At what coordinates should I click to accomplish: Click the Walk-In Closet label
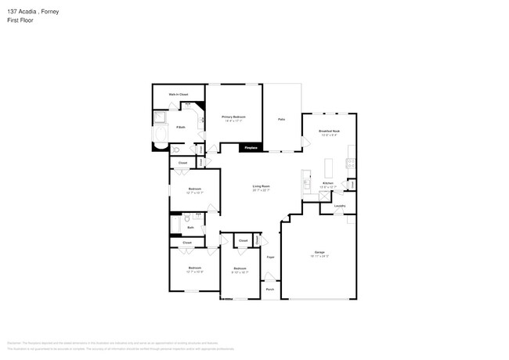coord(179,94)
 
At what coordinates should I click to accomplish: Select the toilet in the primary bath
coord(177,149)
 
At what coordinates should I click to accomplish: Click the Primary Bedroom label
coord(233,117)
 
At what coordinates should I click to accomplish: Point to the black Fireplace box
coord(251,147)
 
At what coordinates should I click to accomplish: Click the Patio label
coord(281,119)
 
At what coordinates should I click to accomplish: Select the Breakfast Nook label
coord(329,131)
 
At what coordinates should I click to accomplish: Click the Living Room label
coord(261,186)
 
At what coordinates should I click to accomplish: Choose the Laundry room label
coord(339,206)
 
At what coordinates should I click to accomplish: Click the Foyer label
coord(270,257)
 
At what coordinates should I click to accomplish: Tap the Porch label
coord(270,289)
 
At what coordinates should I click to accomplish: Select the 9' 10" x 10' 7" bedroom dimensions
coord(240,272)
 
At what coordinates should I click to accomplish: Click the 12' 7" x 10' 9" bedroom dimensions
coord(195,272)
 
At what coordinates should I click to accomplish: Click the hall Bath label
coord(190,227)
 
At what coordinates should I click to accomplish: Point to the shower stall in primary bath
coord(160,118)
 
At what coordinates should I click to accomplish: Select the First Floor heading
coord(21,20)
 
